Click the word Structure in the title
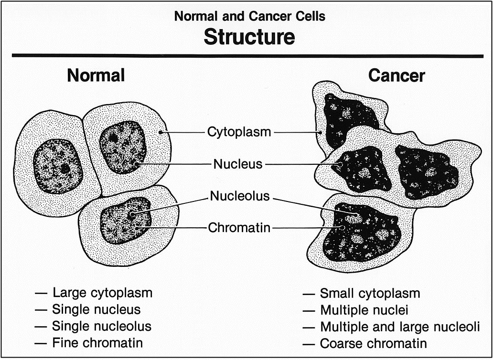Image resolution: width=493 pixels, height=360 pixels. tap(249, 37)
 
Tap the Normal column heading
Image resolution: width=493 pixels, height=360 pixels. tap(96, 75)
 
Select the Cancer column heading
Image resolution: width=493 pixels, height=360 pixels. tap(397, 75)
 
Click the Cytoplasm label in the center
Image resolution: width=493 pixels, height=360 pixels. tap(239, 132)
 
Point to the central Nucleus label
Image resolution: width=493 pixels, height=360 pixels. tap(238, 164)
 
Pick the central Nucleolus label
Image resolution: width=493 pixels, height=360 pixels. tap(240, 196)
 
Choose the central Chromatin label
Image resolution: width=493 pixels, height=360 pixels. tap(239, 228)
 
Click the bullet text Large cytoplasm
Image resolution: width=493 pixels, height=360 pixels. tap(103, 293)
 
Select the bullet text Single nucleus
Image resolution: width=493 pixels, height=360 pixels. tap(96, 309)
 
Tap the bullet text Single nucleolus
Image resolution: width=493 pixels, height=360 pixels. tap(102, 326)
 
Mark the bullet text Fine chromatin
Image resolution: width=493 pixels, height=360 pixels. tap(97, 343)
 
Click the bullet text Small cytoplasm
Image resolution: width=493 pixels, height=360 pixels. tap(370, 294)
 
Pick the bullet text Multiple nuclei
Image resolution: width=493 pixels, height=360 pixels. tap(364, 310)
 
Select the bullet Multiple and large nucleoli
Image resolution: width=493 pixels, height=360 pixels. tap(400, 327)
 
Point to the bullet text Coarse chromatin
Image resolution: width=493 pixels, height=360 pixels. tap(374, 343)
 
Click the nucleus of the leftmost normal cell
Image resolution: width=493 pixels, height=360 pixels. tap(58, 166)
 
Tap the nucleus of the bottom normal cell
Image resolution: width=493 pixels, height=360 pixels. tap(126, 220)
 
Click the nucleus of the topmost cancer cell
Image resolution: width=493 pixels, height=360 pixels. tap(349, 119)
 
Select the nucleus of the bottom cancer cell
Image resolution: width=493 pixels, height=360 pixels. tap(362, 233)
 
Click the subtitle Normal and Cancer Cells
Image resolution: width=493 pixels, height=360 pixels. tap(250, 16)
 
